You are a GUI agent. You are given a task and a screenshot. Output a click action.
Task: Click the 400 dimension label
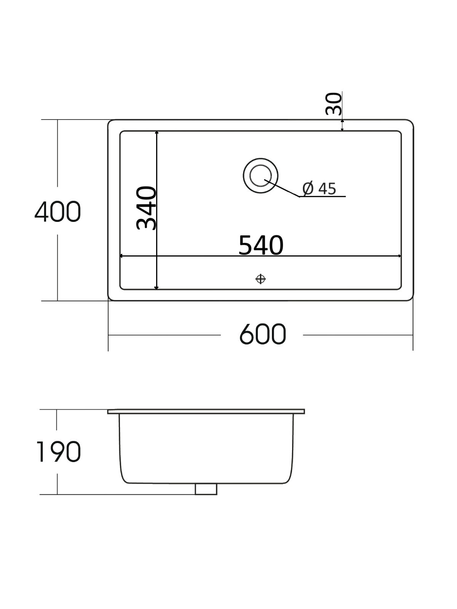coord(58,212)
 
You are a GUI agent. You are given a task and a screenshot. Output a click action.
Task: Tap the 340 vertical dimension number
coord(147,208)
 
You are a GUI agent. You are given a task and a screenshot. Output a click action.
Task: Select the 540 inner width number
coord(261,245)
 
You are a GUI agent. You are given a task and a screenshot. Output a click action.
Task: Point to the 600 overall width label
coord(262,334)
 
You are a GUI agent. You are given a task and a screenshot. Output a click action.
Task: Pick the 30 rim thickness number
coord(334,104)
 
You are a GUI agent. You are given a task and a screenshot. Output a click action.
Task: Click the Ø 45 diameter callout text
coord(320,189)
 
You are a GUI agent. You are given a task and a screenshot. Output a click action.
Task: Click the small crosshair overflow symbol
coord(260,279)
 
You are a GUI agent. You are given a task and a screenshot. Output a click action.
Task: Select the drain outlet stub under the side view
coord(206,489)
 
